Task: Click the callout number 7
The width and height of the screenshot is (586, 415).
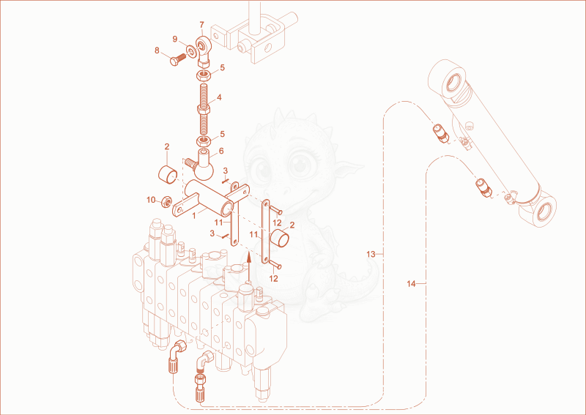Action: tap(202, 25)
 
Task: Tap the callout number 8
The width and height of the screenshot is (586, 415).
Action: tap(157, 51)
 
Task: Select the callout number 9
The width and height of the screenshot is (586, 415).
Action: tap(174, 39)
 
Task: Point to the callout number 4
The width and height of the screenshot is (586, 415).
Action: tap(219, 97)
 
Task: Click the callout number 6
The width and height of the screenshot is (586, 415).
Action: tap(221, 151)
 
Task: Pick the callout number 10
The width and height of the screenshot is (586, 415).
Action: tap(151, 201)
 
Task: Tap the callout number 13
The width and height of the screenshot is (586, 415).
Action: tap(371, 255)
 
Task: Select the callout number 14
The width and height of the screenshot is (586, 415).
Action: tap(411, 284)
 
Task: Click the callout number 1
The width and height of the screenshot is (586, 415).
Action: tap(194, 215)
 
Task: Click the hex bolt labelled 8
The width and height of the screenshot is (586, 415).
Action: tap(178, 60)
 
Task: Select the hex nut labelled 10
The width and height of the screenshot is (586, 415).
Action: tap(166, 202)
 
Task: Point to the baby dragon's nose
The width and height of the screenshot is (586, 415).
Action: tap(285, 190)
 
